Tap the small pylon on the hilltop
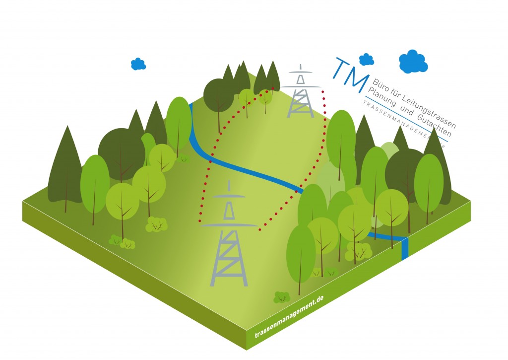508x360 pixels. (301, 94)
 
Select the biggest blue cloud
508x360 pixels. (413, 62)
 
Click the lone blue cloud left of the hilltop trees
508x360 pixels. (138, 64)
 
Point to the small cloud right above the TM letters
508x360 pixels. (366, 60)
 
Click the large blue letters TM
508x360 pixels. (351, 74)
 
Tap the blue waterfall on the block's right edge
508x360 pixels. (405, 248)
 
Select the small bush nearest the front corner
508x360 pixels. (282, 297)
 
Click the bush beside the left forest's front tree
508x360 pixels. (156, 224)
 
